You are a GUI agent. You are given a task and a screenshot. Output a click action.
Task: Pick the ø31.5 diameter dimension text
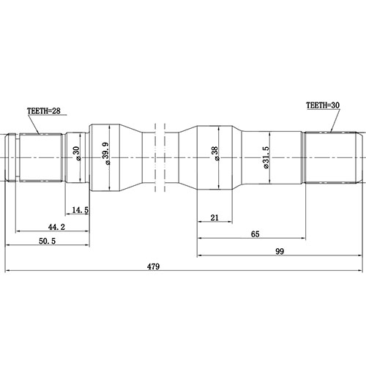point(268,155)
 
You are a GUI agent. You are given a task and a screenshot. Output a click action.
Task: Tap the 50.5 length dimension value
point(48,241)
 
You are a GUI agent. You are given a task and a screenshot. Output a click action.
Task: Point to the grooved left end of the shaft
point(12,156)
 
